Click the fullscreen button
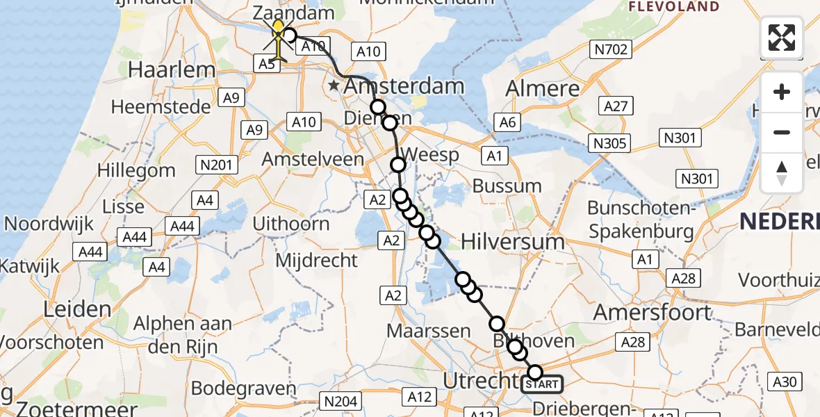tap(782, 38)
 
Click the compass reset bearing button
tap(782, 173)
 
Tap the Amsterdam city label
tap(404, 87)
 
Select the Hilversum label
tap(513, 241)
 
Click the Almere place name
tap(543, 88)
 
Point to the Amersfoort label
tap(653, 313)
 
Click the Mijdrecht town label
tap(317, 261)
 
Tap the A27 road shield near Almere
tap(616, 106)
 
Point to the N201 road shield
tap(218, 165)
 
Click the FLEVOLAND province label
tap(673, 7)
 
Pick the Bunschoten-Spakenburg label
tap(641, 219)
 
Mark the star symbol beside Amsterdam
tap(334, 86)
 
